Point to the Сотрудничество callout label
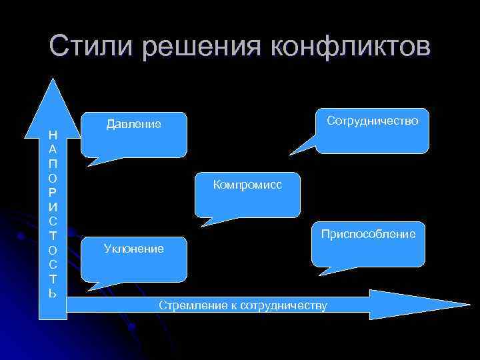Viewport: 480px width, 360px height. (x=373, y=121)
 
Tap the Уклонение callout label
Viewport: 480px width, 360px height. (x=133, y=249)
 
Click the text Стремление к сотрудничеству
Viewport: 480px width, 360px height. (x=243, y=305)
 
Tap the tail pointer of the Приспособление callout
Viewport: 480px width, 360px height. (x=331, y=270)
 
